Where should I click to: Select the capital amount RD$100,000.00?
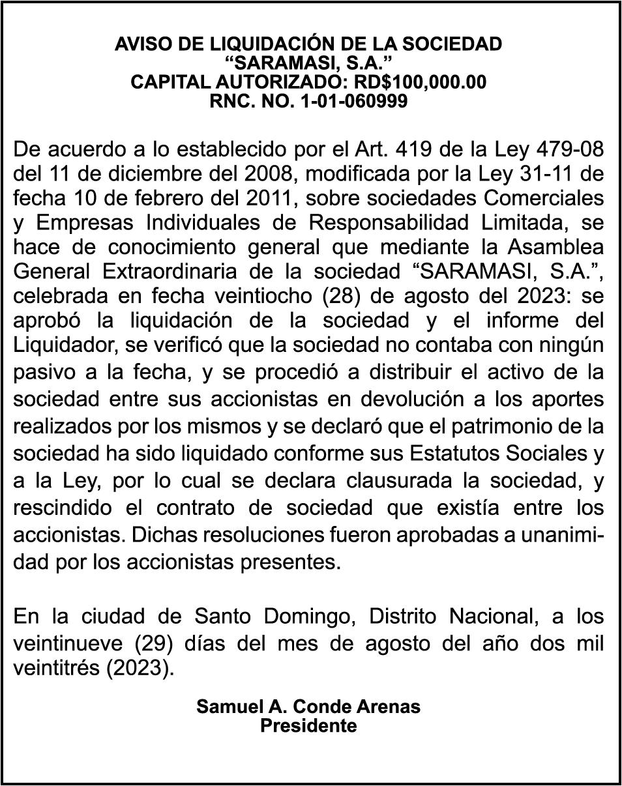[x=420, y=82]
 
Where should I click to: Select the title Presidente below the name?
[x=308, y=726]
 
